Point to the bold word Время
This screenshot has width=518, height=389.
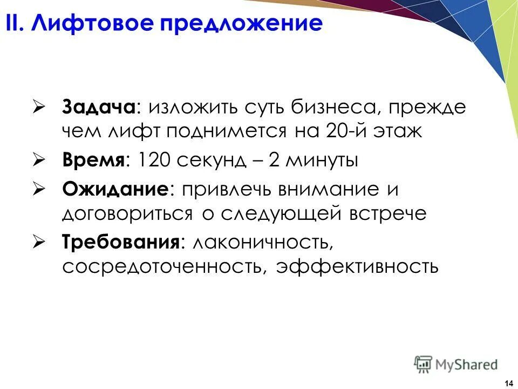[95, 160]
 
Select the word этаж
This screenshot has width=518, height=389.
[401, 132]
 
